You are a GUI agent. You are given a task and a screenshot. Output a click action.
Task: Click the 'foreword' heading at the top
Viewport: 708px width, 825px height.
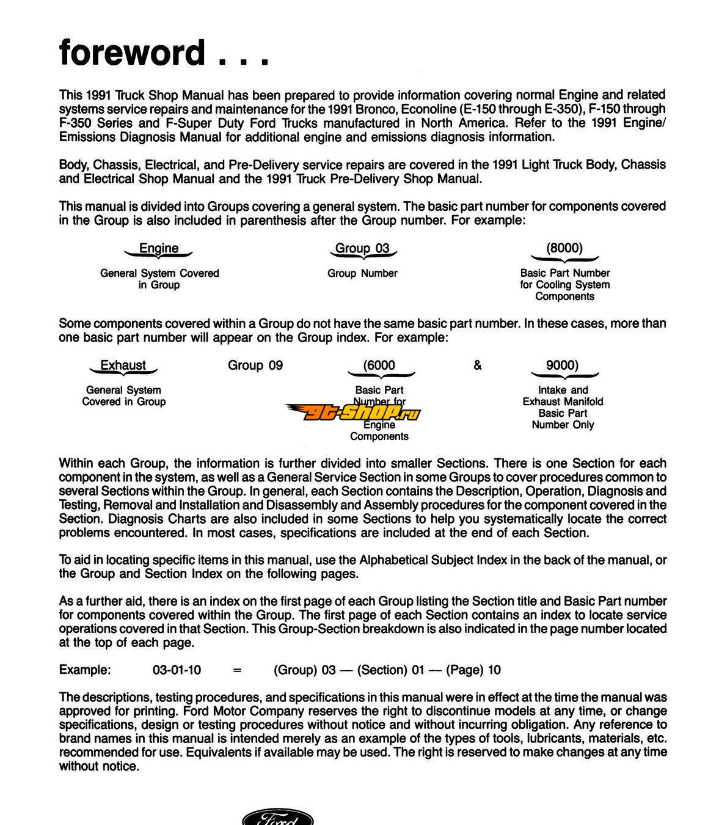131,53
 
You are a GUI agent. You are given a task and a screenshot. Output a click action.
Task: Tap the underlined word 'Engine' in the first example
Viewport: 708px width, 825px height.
159,248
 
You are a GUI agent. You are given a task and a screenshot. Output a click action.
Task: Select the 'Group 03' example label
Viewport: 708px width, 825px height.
362,248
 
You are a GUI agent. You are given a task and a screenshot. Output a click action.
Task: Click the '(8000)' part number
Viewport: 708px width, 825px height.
564,248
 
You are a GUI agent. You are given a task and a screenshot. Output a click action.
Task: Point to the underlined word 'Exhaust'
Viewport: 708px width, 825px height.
123,365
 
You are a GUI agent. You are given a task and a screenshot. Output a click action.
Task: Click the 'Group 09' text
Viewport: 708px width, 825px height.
255,365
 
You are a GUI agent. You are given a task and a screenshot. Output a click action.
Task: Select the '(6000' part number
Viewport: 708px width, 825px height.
379,365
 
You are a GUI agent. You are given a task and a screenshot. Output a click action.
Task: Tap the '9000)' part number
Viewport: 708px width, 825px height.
562,365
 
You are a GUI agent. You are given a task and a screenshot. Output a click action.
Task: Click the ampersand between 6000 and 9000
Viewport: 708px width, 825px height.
478,365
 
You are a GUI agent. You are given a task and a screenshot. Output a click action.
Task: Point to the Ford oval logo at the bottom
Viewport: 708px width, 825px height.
279,818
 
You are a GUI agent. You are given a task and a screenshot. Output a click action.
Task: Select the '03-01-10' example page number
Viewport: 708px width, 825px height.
177,670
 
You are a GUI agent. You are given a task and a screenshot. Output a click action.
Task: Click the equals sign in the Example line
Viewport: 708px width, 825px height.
238,670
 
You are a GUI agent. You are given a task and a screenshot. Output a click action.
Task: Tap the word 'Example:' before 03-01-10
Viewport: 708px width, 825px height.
85,670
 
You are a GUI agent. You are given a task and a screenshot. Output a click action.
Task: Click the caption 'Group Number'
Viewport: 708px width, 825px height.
362,273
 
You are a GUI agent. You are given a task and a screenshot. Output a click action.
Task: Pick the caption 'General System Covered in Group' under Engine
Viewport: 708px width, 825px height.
159,279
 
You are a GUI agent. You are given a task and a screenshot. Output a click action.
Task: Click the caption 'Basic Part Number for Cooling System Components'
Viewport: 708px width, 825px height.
565,285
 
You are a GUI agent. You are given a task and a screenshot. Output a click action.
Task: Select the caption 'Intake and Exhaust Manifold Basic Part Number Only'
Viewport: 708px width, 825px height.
563,407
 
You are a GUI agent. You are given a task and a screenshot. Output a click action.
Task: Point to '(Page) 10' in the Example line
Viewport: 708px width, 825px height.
473,670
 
